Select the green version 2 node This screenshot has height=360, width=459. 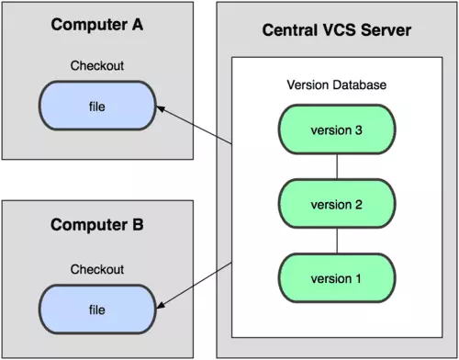click(336, 202)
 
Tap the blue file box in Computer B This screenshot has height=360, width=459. click(96, 305)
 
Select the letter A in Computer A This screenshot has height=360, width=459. click(139, 23)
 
